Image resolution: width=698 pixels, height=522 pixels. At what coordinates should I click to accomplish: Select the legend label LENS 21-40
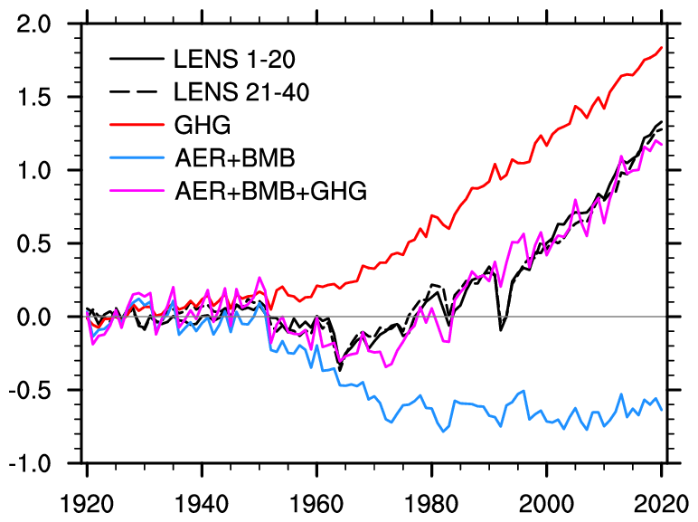click(x=241, y=91)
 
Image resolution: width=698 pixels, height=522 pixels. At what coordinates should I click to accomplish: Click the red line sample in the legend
click(x=136, y=125)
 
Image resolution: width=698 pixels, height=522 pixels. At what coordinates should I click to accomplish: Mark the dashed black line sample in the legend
click(x=136, y=91)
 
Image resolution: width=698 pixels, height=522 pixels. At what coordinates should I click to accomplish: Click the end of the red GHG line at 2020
click(x=662, y=47)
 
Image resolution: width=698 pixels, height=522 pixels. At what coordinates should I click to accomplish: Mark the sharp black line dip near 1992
click(x=501, y=330)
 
